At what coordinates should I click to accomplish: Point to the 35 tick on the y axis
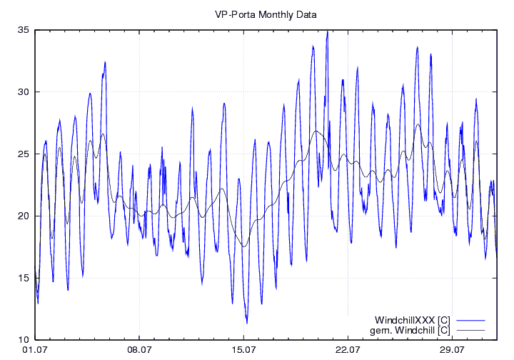tap(24, 30)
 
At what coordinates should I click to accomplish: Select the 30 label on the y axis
tap(24, 92)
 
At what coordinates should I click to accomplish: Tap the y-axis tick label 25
tap(24, 154)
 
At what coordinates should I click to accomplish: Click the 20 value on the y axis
tap(24, 216)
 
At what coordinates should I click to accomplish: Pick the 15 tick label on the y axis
tap(24, 278)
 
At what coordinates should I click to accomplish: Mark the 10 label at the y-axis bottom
tap(24, 339)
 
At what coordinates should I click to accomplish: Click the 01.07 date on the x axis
tap(35, 350)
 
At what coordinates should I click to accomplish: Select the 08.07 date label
tap(139, 350)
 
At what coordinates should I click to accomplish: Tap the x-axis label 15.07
tap(243, 350)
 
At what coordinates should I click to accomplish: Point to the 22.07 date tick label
tap(348, 350)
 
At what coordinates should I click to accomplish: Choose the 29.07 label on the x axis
tap(452, 350)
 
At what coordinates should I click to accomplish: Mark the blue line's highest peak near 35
tap(327, 31)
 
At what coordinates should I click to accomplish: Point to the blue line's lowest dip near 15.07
tap(246, 323)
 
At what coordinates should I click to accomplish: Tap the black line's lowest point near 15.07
tap(243, 246)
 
